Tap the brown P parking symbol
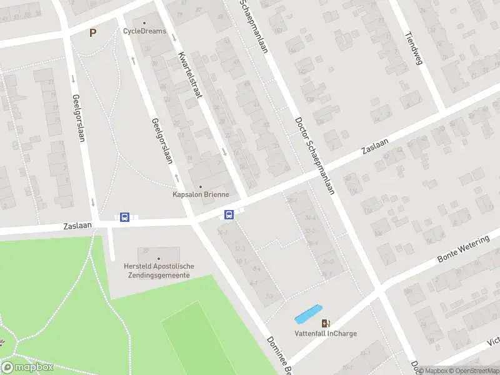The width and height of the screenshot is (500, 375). [93, 33]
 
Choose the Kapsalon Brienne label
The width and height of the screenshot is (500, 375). [201, 194]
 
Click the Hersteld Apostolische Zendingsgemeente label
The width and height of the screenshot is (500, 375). [159, 271]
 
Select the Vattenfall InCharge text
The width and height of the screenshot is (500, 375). [326, 334]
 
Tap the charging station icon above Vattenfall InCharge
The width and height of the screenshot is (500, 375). [326, 323]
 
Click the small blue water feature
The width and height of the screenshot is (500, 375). [308, 314]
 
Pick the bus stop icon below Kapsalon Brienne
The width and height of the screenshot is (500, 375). [229, 215]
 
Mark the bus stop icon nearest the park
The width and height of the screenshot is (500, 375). [124, 217]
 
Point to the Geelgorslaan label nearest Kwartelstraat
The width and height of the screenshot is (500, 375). [162, 141]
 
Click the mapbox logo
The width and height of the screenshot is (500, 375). [27, 367]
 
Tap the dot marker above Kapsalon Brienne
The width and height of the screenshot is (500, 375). [201, 186]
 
